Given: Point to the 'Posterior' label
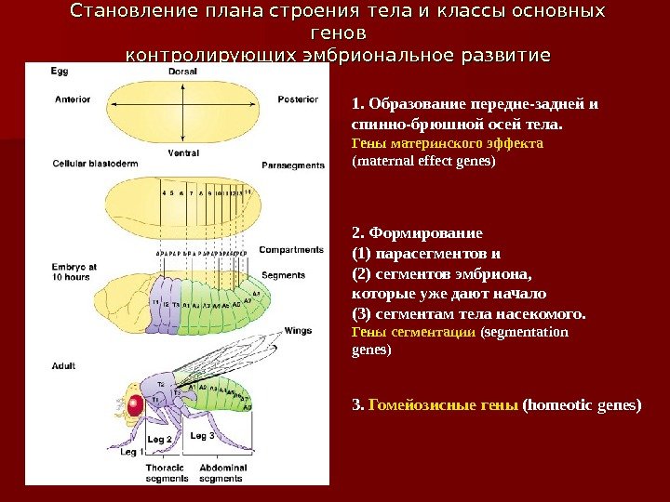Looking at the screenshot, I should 298,99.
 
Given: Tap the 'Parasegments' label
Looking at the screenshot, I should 293,166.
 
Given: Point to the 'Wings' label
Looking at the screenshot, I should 298,330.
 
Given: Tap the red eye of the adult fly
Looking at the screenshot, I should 135,405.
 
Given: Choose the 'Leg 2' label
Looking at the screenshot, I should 160,438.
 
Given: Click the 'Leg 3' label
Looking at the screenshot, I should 202,435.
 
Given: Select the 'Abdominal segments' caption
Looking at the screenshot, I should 221,473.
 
